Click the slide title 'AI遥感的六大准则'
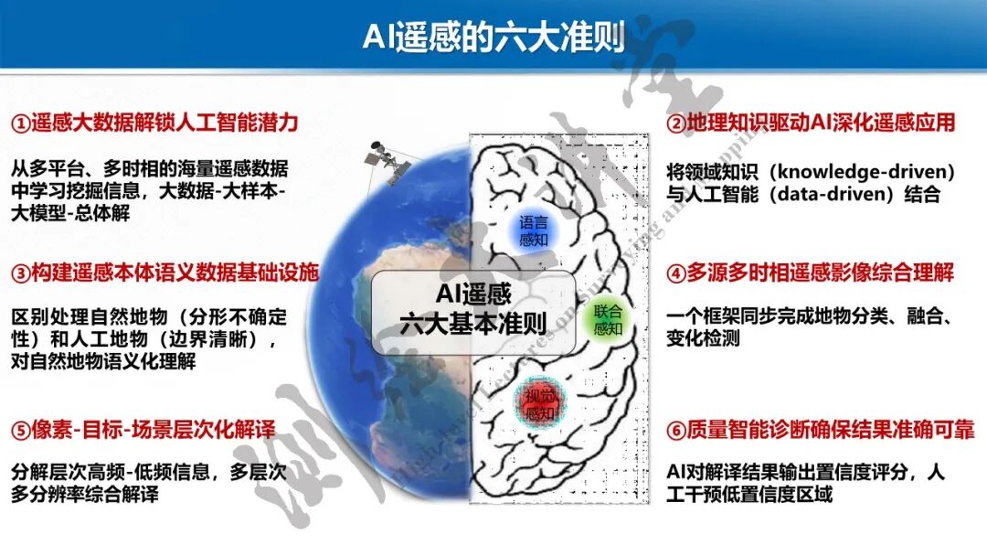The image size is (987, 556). pyautogui.click(x=493, y=37)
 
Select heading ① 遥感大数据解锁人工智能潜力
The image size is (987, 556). pyautogui.click(x=155, y=123)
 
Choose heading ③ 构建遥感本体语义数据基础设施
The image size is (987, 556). pyautogui.click(x=165, y=273)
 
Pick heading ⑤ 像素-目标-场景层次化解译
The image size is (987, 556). pyautogui.click(x=143, y=430)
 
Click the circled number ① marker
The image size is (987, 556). pyautogui.click(x=20, y=123)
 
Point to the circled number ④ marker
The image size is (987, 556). pyautogui.click(x=675, y=273)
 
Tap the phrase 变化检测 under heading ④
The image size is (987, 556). pyautogui.click(x=704, y=338)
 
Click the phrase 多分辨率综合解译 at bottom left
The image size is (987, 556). pyautogui.click(x=86, y=495)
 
